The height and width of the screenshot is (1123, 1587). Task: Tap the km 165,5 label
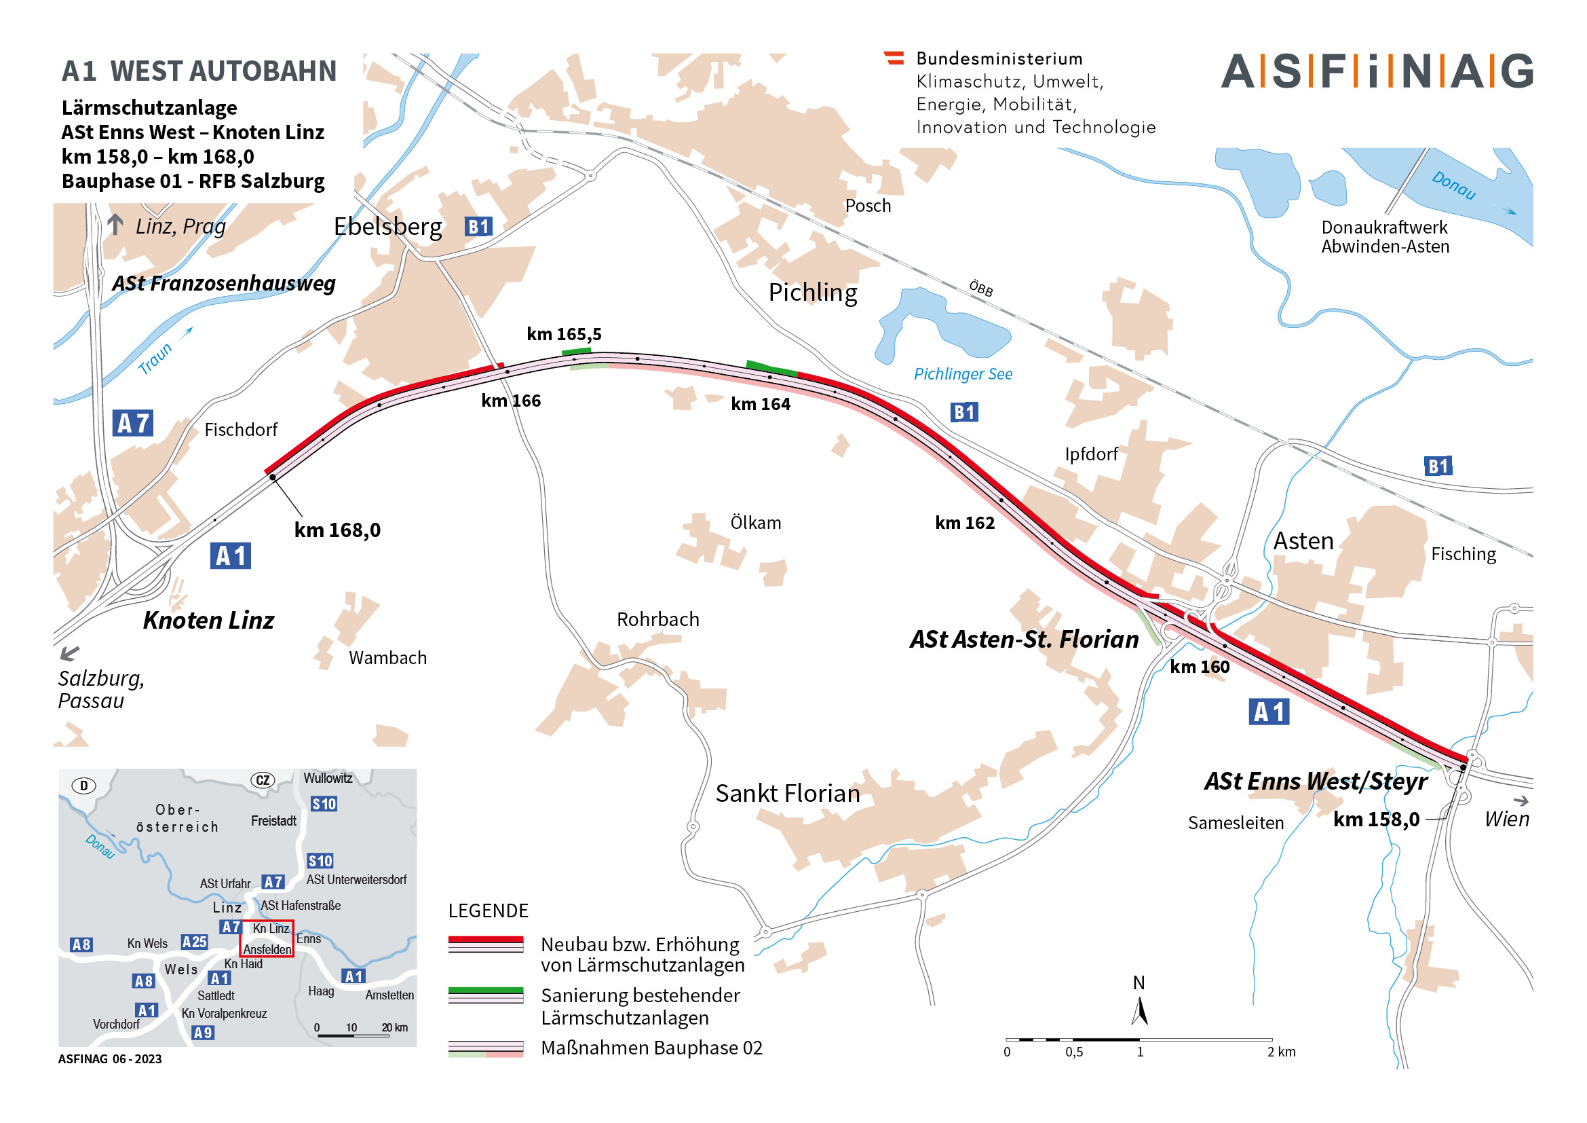(x=564, y=335)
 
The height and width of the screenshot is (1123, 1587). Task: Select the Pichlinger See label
(x=963, y=374)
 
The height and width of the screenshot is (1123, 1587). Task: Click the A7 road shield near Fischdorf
(x=133, y=423)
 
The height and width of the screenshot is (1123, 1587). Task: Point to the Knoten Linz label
(x=208, y=621)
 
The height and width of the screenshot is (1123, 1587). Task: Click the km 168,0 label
(x=337, y=530)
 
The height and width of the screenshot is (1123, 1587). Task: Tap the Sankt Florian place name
(x=787, y=793)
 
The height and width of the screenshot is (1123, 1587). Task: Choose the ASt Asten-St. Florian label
(x=1024, y=640)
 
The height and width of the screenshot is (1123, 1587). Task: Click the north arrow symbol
(x=1140, y=1009)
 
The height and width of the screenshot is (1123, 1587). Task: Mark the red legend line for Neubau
(x=485, y=940)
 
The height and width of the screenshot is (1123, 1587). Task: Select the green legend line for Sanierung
(x=485, y=990)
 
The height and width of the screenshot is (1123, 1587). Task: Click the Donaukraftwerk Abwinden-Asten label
(x=1385, y=237)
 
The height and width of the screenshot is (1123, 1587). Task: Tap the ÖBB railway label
(x=981, y=289)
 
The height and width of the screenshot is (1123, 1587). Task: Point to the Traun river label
(x=155, y=359)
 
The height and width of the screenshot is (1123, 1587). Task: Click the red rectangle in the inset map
(x=267, y=938)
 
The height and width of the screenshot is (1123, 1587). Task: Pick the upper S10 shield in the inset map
(x=324, y=804)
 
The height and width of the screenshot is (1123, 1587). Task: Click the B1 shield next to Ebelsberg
(x=478, y=227)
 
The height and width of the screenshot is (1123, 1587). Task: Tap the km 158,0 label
(x=1376, y=820)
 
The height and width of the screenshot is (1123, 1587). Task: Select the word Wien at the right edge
(x=1507, y=820)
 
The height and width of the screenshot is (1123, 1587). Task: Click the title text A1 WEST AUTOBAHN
(x=199, y=71)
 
